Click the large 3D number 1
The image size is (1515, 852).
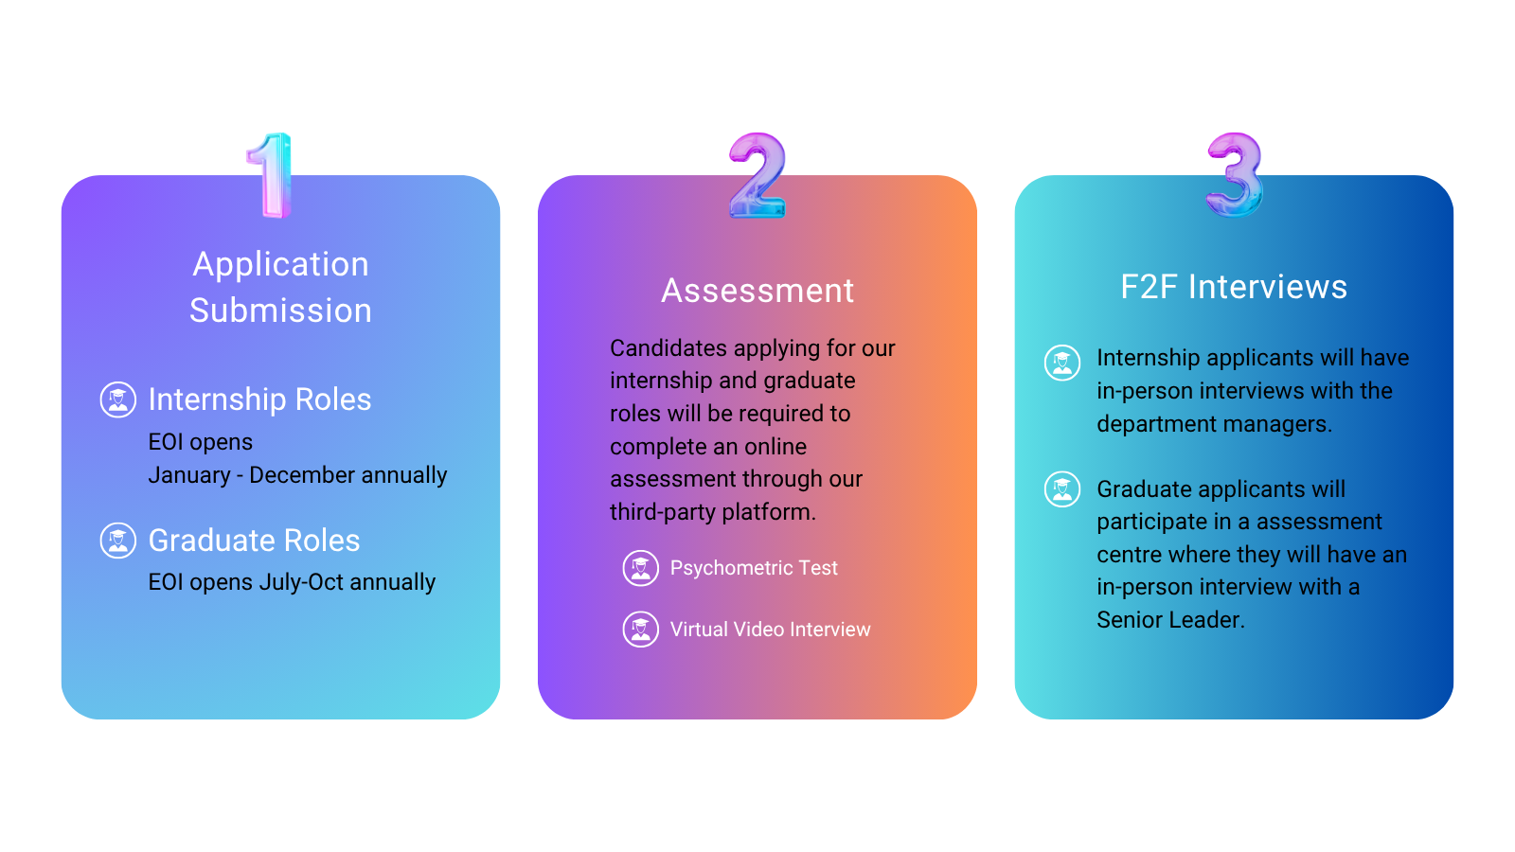click(272, 176)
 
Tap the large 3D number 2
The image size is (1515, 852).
click(757, 176)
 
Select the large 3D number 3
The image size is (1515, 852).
click(1235, 174)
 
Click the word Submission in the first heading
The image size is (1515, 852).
click(280, 311)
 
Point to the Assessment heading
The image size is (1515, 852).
click(757, 291)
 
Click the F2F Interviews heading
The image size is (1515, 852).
click(1234, 287)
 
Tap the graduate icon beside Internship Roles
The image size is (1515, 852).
click(118, 399)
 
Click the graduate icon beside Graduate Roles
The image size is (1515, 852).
click(118, 541)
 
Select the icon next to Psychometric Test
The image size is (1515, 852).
click(640, 568)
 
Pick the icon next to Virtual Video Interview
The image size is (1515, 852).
click(640, 630)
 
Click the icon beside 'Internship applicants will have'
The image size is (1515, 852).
click(1061, 364)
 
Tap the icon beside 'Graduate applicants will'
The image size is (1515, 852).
click(1061, 488)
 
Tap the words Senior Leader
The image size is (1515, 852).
click(1170, 620)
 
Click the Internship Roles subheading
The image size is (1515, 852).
click(259, 399)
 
